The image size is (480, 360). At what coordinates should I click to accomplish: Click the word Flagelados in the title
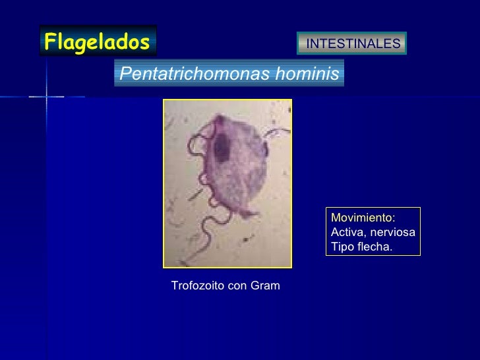97,42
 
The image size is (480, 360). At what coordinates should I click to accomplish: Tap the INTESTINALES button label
353,44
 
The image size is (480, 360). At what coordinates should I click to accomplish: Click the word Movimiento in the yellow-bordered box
362,218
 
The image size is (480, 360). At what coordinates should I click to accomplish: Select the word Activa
346,233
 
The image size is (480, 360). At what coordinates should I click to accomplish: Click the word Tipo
342,247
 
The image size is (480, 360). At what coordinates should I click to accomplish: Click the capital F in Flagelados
49,42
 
